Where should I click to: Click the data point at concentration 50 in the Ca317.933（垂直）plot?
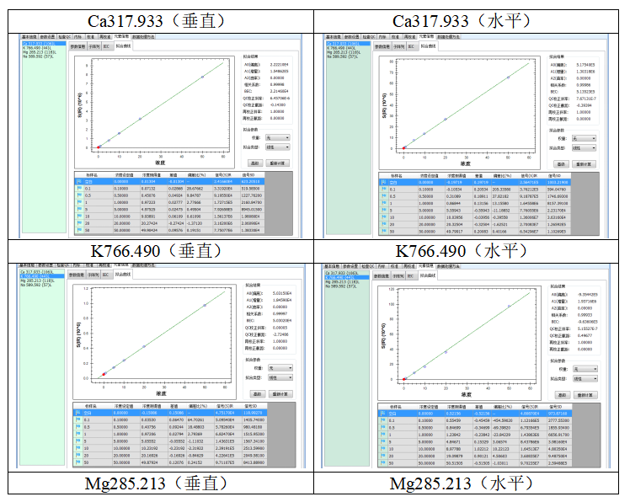click(x=202, y=77)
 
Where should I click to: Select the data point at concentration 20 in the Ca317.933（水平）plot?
click(x=445, y=119)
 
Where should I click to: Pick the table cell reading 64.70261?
click(x=195, y=418)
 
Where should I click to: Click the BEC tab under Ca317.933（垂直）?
click(x=107, y=46)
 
